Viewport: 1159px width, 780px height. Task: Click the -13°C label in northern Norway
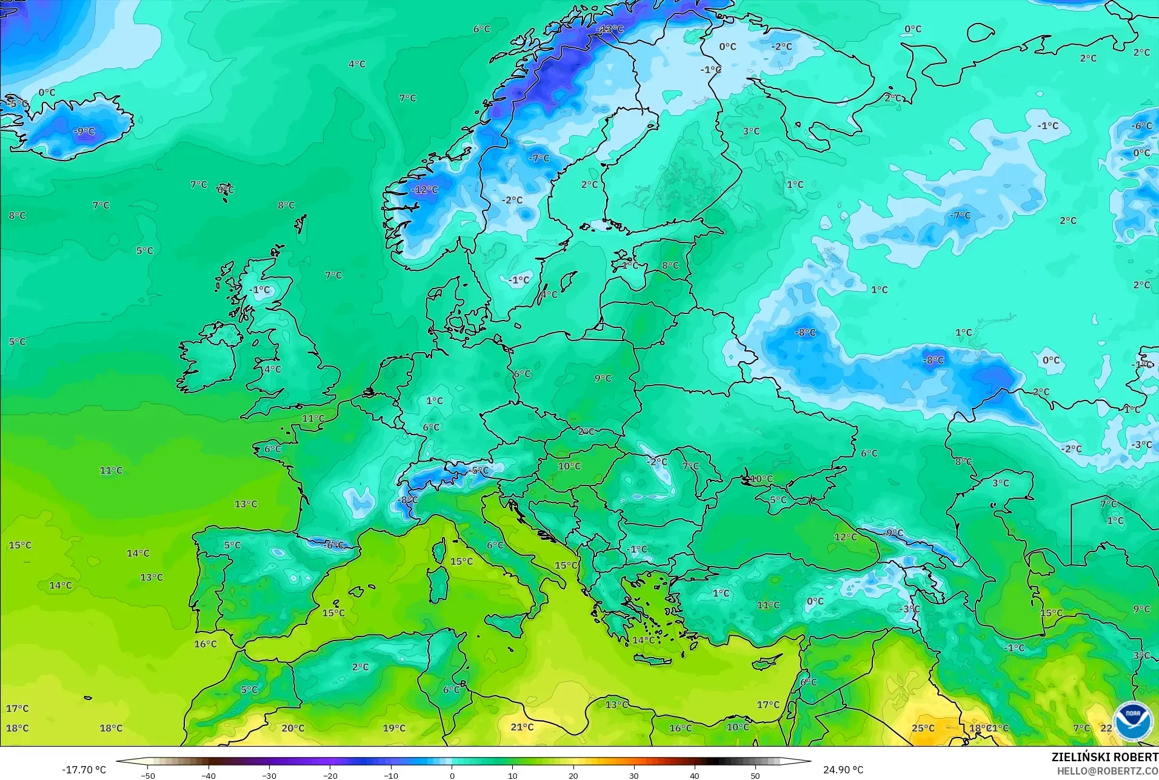pos(610,28)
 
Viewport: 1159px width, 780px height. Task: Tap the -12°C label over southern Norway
pos(424,190)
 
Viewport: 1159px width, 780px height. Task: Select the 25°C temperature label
pos(923,728)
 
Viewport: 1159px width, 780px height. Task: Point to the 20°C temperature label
pos(293,728)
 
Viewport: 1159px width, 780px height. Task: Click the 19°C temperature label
pos(394,728)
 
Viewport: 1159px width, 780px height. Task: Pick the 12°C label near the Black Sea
pos(845,537)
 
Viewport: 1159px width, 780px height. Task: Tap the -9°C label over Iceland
pos(84,131)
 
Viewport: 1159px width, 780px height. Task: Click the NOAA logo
pos(1132,721)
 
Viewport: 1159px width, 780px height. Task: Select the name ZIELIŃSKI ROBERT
pos(1104,758)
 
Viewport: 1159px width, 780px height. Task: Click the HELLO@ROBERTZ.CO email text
pos(1107,771)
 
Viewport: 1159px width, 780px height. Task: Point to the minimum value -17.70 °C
pos(84,770)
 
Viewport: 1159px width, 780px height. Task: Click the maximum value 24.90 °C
pos(843,770)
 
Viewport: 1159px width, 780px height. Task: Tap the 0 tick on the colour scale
pos(452,775)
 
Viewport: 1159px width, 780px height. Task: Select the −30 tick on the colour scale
pos(269,775)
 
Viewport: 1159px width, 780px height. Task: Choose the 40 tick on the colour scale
pos(694,775)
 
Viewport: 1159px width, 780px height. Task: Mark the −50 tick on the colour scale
pos(148,775)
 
